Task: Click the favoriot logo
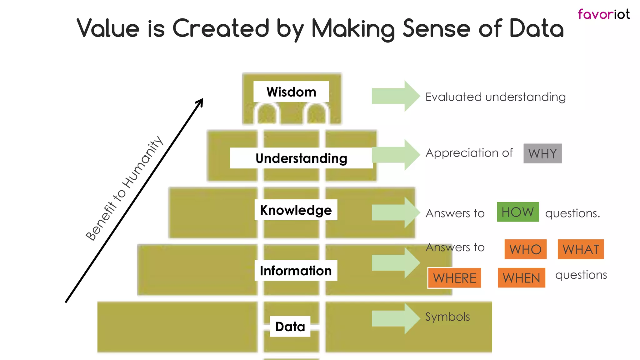click(603, 14)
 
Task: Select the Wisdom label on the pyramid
click(291, 92)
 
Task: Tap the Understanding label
click(301, 158)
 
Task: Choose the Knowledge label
click(296, 210)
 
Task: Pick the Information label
click(296, 271)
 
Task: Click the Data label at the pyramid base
click(290, 327)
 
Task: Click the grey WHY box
click(542, 153)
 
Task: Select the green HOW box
click(518, 212)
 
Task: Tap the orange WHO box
click(525, 249)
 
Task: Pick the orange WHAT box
click(581, 249)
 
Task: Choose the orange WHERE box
click(454, 278)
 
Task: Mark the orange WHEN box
click(521, 278)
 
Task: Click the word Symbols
click(447, 317)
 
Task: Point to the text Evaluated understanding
click(495, 97)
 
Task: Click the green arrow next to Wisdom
click(396, 96)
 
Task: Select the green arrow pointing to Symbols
click(396, 318)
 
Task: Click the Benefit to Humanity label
click(124, 188)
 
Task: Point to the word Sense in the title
click(437, 28)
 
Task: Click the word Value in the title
click(108, 28)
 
